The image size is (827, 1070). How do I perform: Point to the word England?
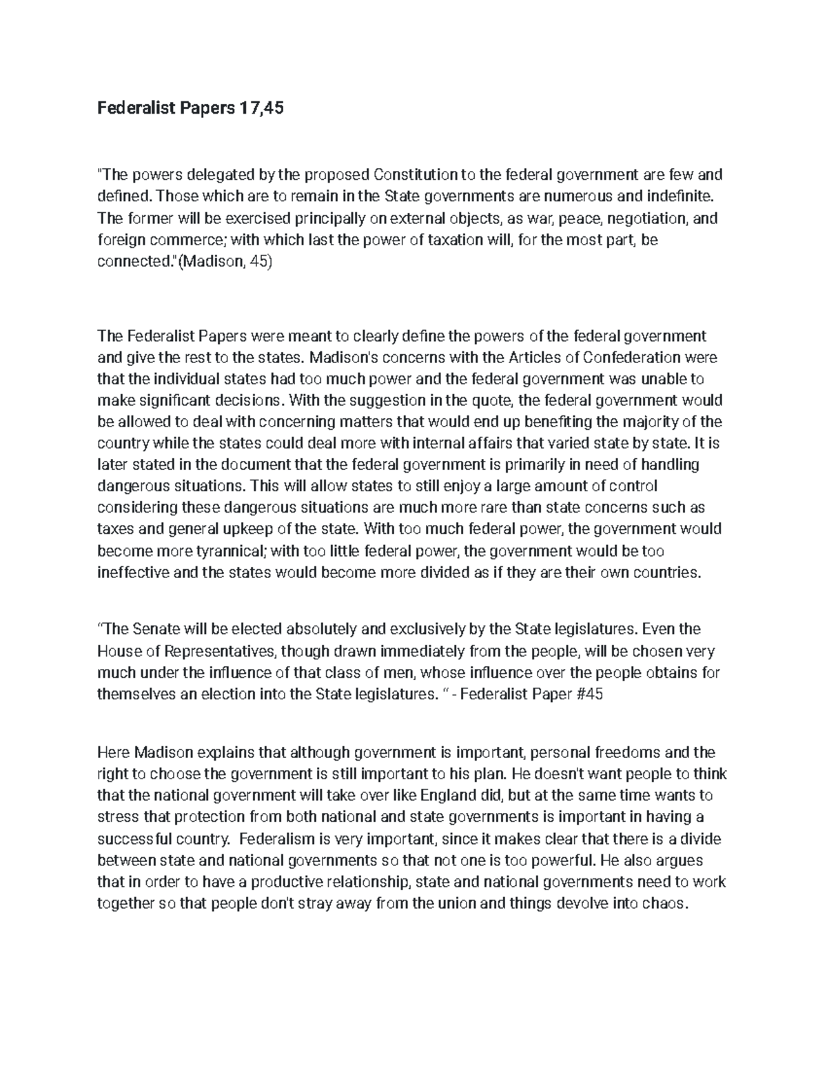[447, 795]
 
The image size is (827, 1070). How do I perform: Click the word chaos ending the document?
[666, 904]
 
